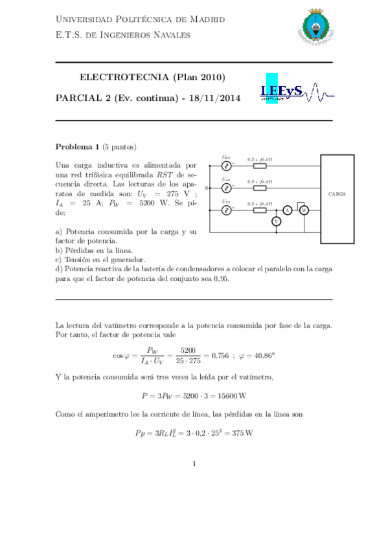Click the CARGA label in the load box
tap(337, 194)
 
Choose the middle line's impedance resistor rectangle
tap(259, 188)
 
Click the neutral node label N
tap(207, 188)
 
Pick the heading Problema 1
tap(77, 146)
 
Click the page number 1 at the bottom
tap(194, 464)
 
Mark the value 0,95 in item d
tap(220, 279)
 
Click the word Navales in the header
tap(172, 34)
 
